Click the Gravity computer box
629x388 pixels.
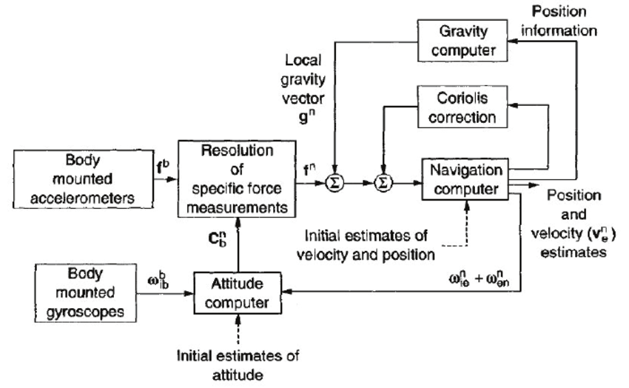[464, 41]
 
